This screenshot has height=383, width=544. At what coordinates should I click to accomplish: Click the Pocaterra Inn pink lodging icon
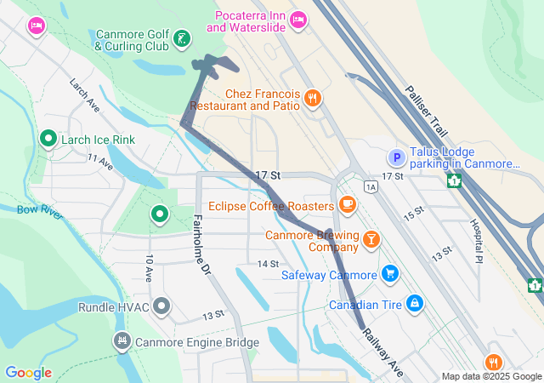coord(297,19)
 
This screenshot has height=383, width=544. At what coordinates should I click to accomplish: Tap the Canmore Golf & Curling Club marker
coord(180,38)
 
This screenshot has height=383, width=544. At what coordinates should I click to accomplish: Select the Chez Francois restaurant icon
coord(313,98)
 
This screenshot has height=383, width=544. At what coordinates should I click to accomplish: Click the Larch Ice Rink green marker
coord(48,138)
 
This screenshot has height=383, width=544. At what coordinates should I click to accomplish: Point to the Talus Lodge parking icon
coord(395,157)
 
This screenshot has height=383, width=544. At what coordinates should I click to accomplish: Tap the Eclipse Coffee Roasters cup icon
coord(347,204)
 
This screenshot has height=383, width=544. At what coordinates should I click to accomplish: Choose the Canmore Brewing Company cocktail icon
coord(371,240)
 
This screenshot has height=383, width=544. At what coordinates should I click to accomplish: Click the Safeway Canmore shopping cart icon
coord(389,273)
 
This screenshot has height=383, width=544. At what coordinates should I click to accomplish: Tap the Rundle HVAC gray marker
coord(161,305)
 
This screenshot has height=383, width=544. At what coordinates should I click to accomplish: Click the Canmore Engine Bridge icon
coord(122,341)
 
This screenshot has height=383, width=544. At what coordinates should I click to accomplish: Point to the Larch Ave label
coord(85,96)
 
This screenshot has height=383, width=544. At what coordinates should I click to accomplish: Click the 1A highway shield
coord(370,186)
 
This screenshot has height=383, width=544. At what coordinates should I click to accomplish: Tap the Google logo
coord(29,373)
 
